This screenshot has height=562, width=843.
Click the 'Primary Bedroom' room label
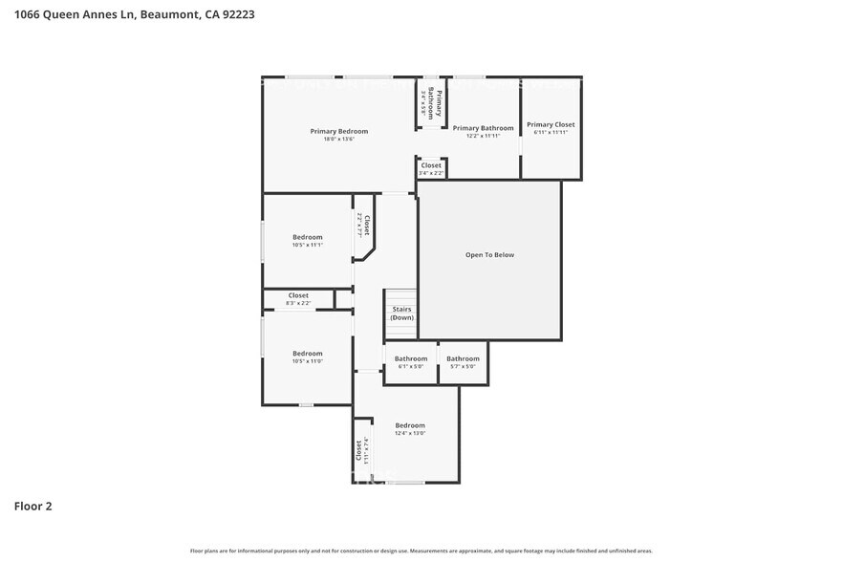pos(338,131)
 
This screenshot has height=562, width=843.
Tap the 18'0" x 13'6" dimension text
pos(338,140)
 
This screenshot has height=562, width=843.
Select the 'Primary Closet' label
pos(551,124)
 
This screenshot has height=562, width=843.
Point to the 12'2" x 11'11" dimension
pos(483,136)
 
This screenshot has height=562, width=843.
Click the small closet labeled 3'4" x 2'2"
pos(430,168)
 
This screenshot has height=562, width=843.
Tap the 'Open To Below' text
pos(489,255)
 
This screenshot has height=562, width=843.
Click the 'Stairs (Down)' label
pos(401,313)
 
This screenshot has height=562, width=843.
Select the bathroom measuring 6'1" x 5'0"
pos(411,362)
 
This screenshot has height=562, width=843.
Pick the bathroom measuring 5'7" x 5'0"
pos(463,362)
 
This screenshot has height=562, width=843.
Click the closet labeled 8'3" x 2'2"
pos(298,299)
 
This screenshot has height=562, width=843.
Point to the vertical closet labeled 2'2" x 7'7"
pos(363,226)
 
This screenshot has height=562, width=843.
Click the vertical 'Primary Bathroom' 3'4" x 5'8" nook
pos(430,101)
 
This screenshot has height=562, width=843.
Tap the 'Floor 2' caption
pos(32,506)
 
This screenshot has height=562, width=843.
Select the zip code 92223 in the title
pos(237,14)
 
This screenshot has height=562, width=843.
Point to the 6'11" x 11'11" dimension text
pos(551,132)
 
